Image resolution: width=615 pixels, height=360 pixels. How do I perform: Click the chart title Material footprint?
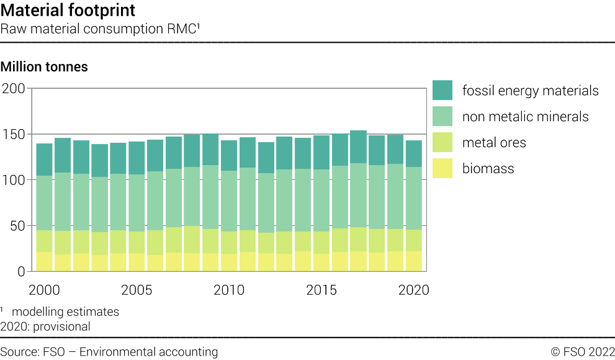(68, 11)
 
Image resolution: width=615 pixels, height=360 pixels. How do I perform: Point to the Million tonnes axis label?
(44, 66)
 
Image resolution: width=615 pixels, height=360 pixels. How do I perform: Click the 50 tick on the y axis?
(16, 226)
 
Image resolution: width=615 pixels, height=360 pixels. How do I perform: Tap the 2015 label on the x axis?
(321, 290)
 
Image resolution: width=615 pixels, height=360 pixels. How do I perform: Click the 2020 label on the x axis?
(413, 290)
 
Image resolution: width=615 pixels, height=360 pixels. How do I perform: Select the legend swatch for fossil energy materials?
(442, 91)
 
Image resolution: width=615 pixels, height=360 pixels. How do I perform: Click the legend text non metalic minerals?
(525, 117)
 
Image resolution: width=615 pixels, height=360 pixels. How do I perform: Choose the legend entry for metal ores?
(494, 143)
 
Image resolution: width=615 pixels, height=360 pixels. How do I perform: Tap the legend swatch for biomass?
(442, 168)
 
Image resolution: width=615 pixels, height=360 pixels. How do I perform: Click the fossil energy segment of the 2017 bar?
(358, 146)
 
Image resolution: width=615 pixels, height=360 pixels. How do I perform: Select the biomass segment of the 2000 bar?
(44, 261)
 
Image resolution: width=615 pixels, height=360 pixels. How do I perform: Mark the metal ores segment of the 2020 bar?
(413, 240)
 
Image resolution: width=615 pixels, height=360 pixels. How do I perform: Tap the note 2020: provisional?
(45, 326)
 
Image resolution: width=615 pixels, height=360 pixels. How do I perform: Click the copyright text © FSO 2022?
(582, 352)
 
